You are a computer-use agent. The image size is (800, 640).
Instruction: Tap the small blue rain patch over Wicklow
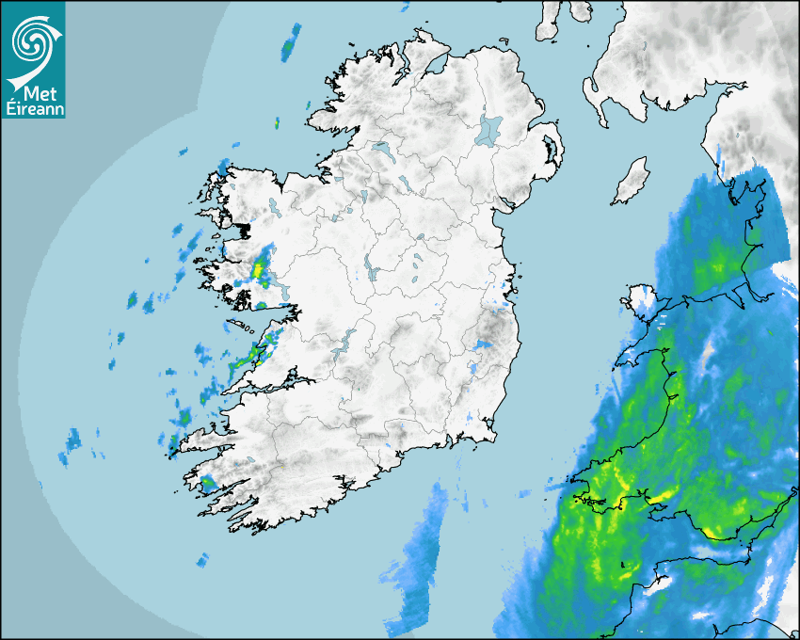click(483, 345)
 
